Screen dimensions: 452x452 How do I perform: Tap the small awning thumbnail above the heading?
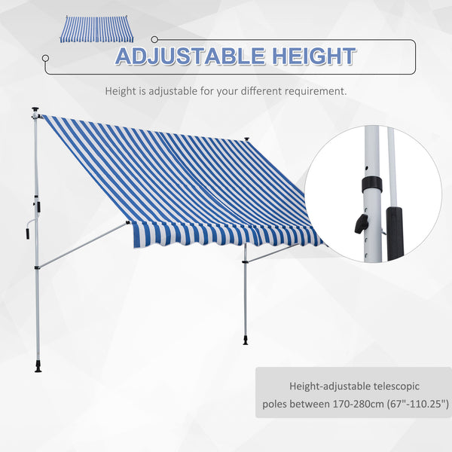(x=95, y=29)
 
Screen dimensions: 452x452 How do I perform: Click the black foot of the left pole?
(x=38, y=368)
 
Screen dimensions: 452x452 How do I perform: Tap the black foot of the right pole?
(x=246, y=344)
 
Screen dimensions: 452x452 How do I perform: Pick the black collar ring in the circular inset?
(x=372, y=185)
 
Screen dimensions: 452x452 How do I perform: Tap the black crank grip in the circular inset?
(x=394, y=233)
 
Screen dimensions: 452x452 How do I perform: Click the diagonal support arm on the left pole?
(x=83, y=243)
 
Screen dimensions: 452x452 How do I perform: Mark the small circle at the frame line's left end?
(x=45, y=56)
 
